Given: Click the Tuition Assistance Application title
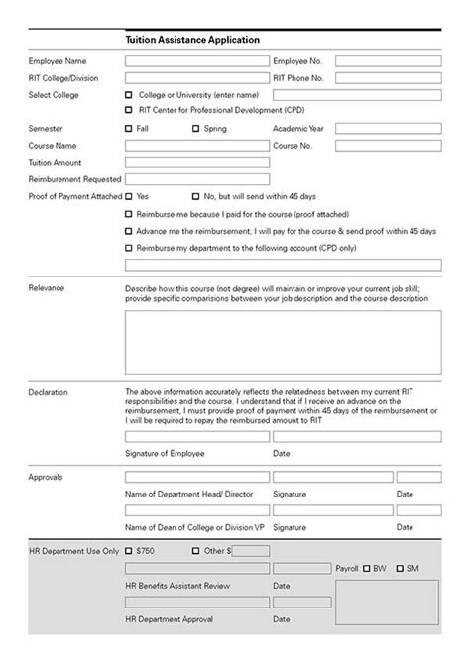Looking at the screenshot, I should coord(192,40).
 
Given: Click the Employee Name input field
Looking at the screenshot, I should coord(196,60).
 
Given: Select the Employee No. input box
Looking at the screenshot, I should coord(388,60).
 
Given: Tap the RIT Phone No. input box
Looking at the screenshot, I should coord(388,77).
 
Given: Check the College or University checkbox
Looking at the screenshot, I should coord(129,94).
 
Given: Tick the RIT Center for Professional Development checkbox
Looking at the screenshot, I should coord(129,110).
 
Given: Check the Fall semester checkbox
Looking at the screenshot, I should coord(129,128).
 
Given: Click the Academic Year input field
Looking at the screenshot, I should coord(388,128).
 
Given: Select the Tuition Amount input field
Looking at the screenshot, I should coord(196,162).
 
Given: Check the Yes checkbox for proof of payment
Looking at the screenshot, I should coord(129,196).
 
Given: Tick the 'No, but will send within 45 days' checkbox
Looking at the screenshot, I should coord(196,196).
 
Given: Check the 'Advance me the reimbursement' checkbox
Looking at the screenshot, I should coord(129,230).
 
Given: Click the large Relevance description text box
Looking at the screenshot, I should coord(283,341).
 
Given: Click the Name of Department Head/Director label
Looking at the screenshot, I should coord(183,493).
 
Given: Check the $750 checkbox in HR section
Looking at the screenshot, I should coord(129,550).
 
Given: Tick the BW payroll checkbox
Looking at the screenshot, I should coord(367,568).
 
